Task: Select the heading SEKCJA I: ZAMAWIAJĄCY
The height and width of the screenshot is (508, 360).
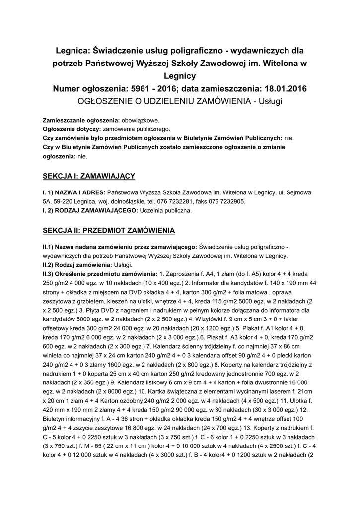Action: tap(89, 176)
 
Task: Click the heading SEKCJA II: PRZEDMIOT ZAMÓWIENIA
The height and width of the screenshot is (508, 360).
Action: tap(108, 230)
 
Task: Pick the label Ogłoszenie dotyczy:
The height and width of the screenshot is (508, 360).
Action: tap(72, 129)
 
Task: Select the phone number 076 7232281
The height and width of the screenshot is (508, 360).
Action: tap(189, 202)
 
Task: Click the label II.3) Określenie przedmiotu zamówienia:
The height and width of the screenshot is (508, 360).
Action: tap(99, 274)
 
